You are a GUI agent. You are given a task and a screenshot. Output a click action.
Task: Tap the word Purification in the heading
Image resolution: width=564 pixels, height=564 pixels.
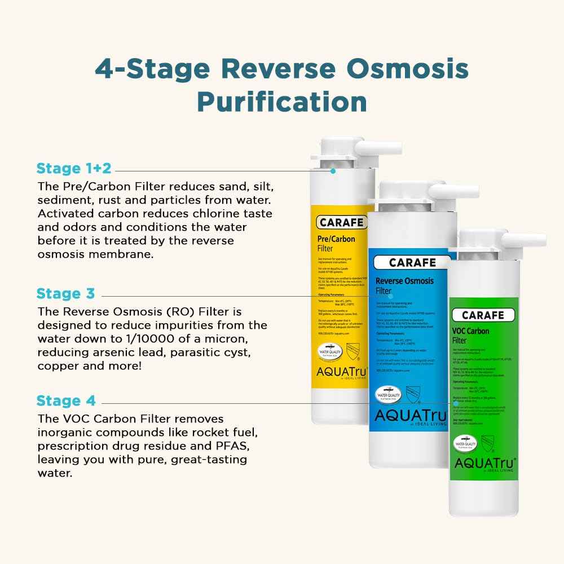click(x=282, y=102)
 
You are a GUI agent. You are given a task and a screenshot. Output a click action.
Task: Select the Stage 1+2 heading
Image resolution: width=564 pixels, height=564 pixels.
click(x=74, y=168)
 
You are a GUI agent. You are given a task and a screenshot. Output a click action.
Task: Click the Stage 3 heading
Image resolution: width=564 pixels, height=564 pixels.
click(x=65, y=293)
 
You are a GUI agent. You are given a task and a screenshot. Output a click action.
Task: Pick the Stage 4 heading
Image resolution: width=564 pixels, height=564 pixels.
click(x=66, y=401)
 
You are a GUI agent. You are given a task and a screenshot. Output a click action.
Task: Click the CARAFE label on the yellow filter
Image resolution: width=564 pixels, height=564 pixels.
click(x=341, y=222)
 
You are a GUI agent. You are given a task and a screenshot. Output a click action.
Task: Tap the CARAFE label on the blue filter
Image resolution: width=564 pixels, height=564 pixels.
click(x=412, y=263)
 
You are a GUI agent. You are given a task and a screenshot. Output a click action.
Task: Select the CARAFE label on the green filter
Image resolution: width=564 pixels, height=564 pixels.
click(x=483, y=315)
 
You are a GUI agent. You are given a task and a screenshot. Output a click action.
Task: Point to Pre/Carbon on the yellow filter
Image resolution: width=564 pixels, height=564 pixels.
click(x=336, y=239)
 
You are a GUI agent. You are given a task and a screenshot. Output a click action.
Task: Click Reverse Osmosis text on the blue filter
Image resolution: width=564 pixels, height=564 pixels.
click(x=404, y=281)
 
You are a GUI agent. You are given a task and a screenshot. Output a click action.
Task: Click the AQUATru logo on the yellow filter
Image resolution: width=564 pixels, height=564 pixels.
click(x=341, y=372)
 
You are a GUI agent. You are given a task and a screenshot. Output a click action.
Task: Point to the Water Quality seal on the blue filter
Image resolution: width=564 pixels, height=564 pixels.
click(x=389, y=395)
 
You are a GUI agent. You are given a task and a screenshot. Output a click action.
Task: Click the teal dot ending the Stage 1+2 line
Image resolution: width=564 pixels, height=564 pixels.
click(x=333, y=170)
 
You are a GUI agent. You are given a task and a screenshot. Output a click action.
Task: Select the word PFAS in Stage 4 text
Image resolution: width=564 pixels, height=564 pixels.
click(x=235, y=446)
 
